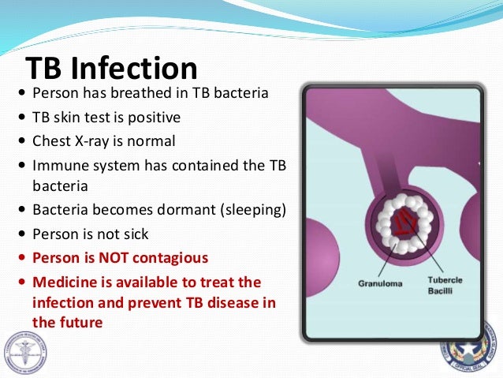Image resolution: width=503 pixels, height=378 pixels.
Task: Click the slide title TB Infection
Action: coord(111,69)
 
